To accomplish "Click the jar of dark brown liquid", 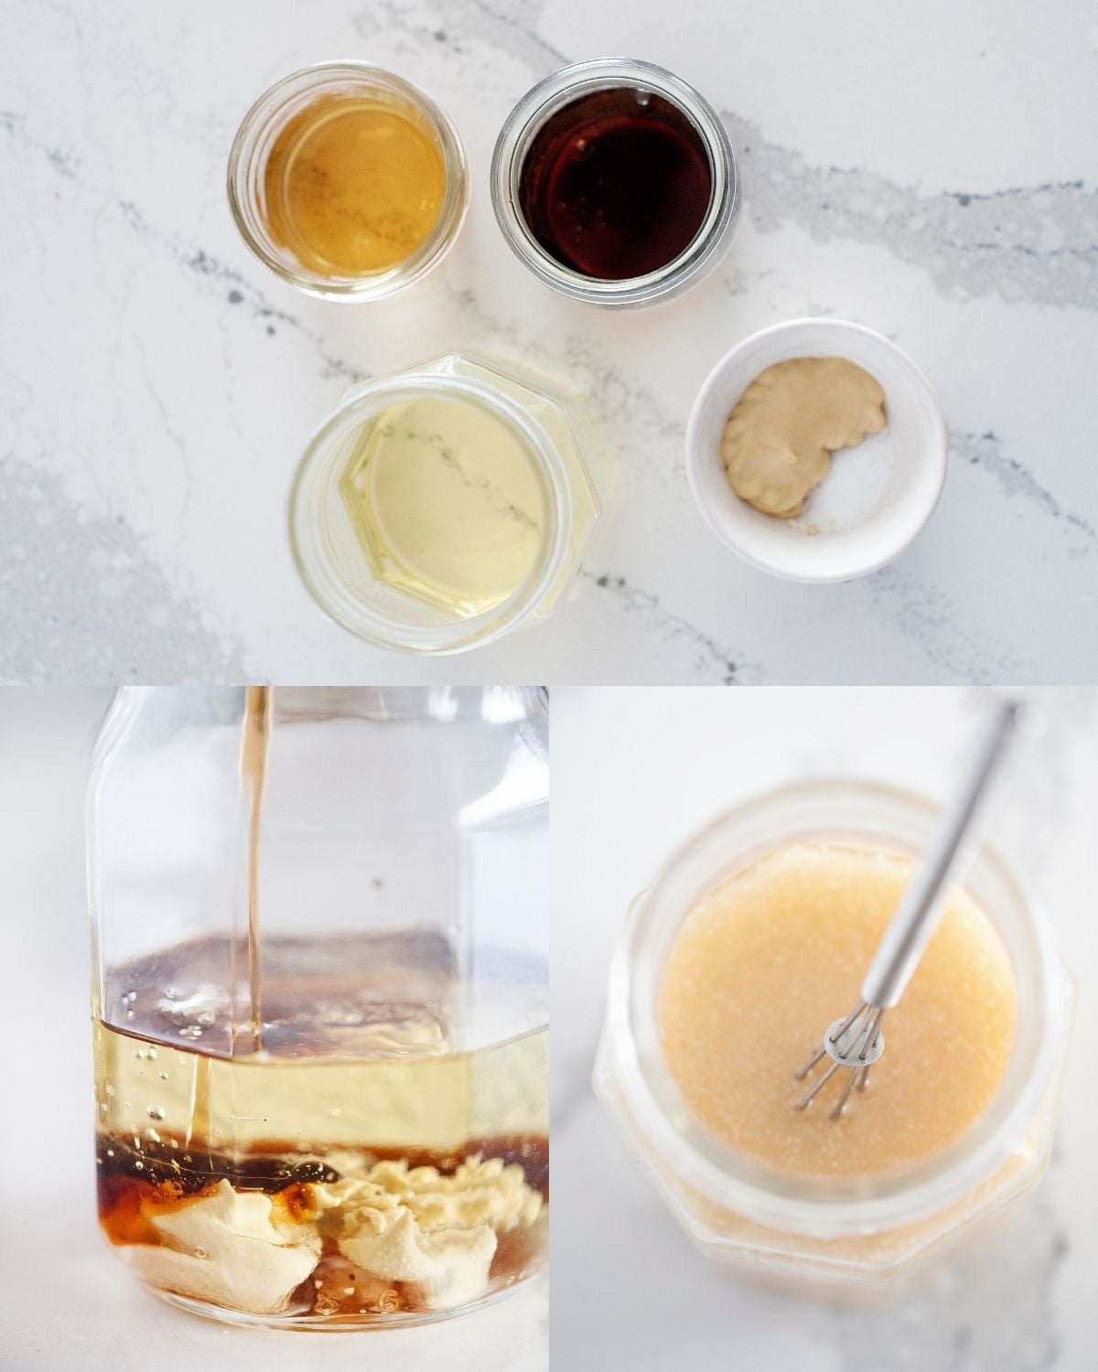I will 614,183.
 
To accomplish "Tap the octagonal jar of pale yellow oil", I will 448,503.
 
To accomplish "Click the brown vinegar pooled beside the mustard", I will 128,1189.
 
